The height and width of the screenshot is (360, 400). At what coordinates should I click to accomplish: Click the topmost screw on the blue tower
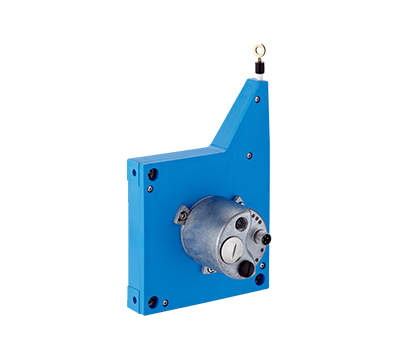point(256,99)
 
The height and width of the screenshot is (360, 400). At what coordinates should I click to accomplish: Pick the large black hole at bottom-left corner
point(153,301)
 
